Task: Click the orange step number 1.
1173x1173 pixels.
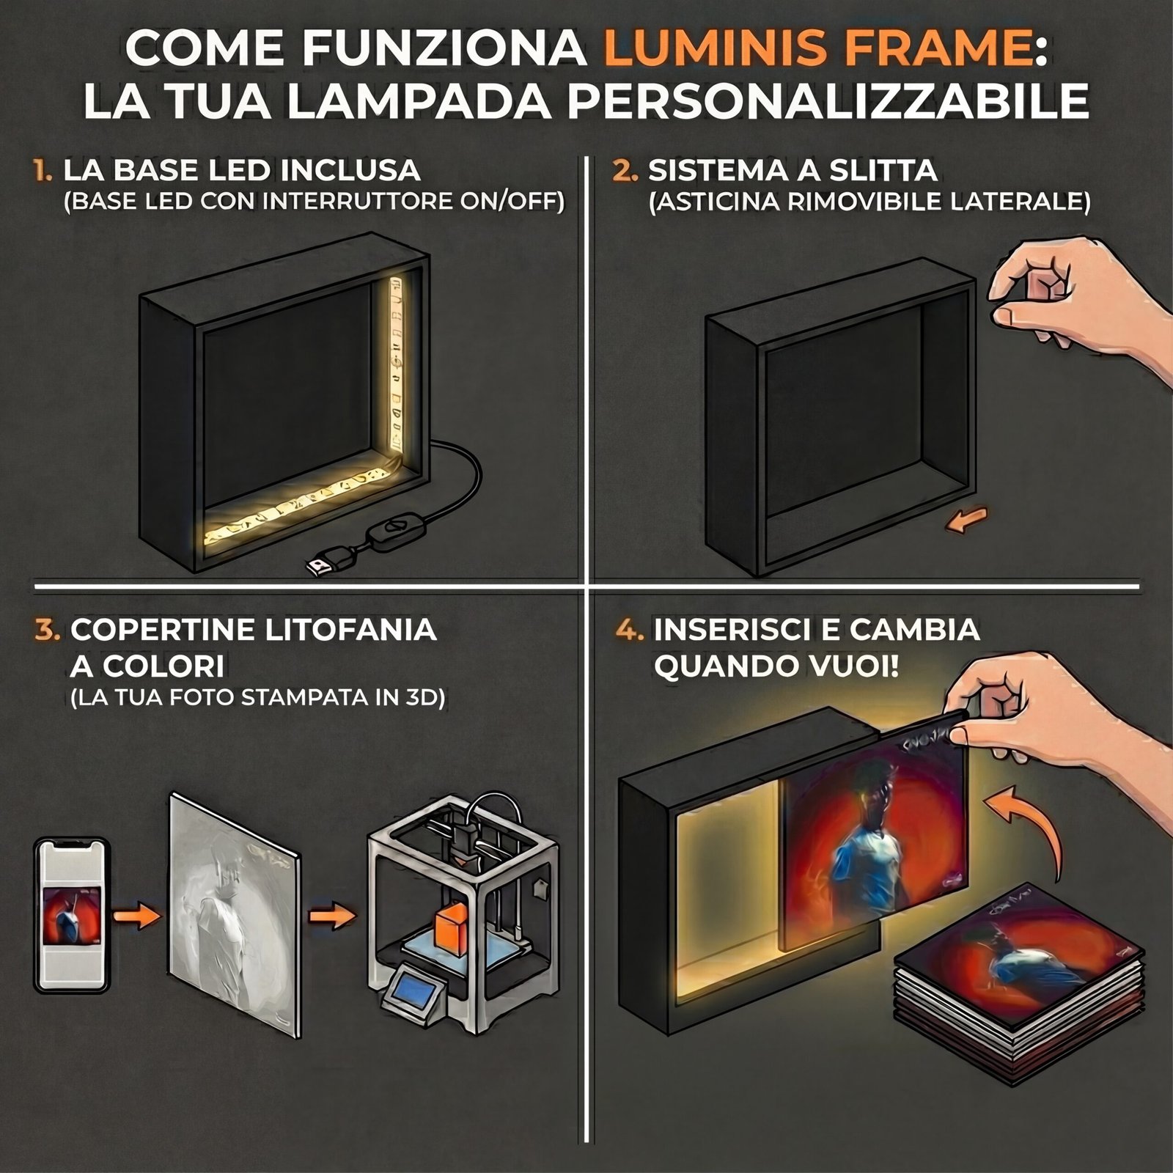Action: pos(43,171)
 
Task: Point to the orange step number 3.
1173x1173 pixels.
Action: pos(47,630)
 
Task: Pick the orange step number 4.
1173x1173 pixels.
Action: pos(630,630)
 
